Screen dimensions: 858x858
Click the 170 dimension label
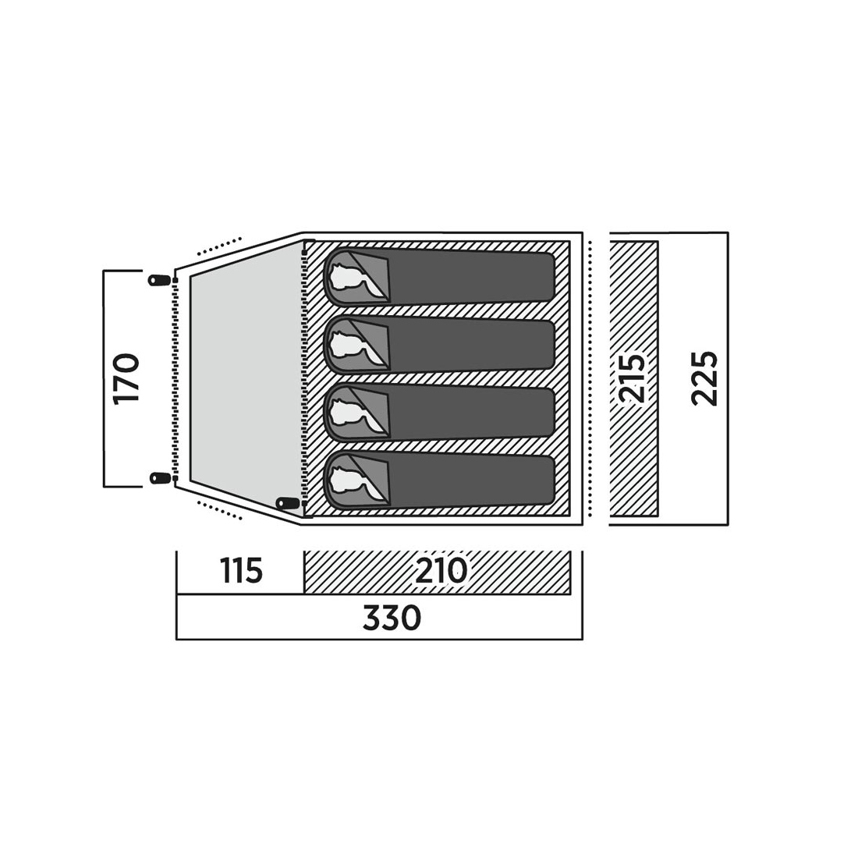(126, 378)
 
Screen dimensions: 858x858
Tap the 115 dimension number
(241, 571)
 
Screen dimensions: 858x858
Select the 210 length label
(441, 571)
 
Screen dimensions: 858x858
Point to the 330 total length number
(392, 617)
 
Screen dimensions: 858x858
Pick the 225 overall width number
(704, 378)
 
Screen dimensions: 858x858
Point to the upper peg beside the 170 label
(158, 279)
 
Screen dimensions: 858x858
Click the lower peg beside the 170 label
(158, 478)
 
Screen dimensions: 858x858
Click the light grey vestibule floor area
(245, 378)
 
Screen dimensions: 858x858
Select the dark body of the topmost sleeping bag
(470, 277)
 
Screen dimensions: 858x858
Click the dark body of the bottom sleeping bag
(470, 480)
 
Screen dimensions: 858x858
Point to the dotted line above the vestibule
(219, 246)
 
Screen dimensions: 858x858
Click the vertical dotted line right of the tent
(590, 378)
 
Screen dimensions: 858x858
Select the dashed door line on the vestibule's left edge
(175, 378)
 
